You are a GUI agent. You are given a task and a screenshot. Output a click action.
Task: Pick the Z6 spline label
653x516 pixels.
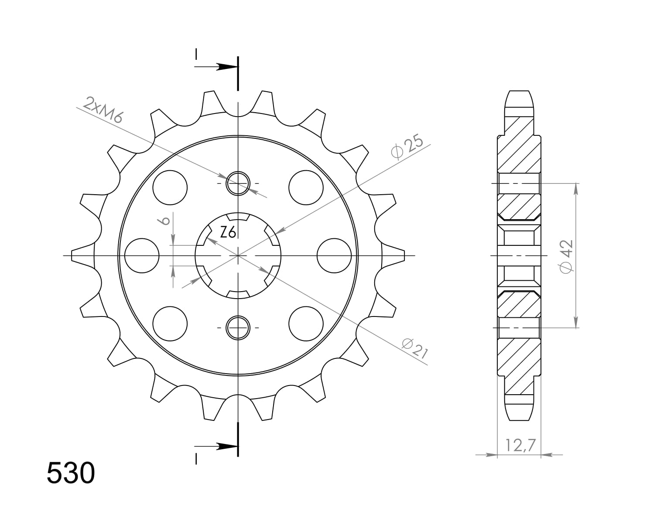point(228,233)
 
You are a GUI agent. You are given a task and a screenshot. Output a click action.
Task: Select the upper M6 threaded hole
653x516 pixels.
point(238,183)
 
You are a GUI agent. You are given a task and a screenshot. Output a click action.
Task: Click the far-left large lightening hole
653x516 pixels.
point(142,255)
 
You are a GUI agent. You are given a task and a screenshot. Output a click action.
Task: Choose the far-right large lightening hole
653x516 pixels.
point(334,255)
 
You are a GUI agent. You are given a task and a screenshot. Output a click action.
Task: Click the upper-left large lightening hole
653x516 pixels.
point(170,187)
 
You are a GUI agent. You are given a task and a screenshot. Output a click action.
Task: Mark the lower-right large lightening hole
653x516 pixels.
point(306,323)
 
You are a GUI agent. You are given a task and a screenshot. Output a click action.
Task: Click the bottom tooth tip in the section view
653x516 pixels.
point(519,413)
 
